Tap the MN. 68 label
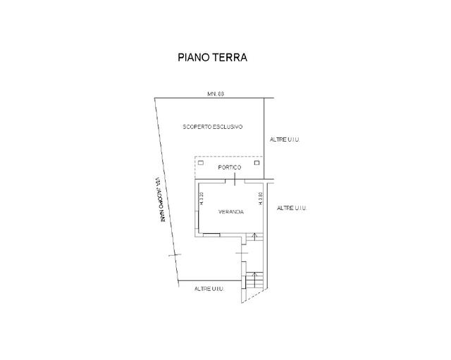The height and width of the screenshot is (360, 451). tap(215, 94)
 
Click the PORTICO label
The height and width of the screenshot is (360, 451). tap(230, 168)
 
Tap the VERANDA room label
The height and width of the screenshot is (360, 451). tap(231, 211)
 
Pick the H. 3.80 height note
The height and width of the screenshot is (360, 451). tap(261, 198)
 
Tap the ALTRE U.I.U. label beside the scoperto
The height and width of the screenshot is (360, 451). tap(285, 140)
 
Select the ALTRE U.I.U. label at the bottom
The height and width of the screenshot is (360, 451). tap(209, 290)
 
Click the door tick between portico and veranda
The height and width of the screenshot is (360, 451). tap(235, 181)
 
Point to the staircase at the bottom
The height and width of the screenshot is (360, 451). tap(254, 280)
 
